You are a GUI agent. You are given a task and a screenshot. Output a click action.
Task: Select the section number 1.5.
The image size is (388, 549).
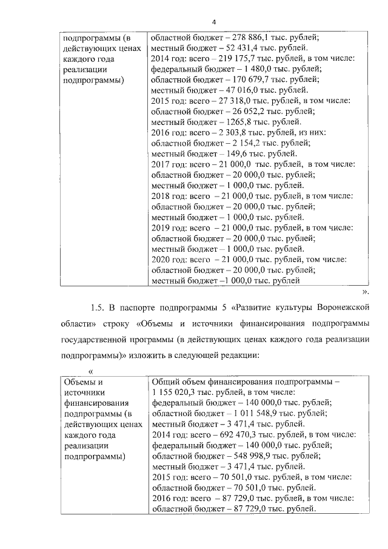pyautogui.click(x=98, y=308)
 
